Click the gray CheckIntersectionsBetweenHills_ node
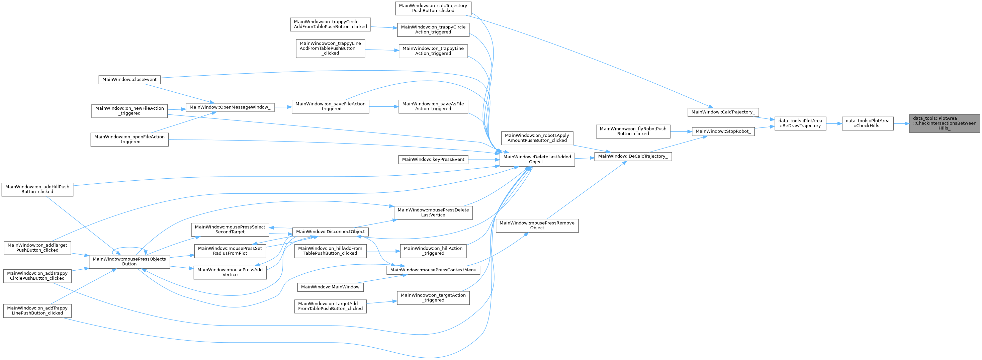coord(944,123)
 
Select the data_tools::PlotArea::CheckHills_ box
coord(867,123)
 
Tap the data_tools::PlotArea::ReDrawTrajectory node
coord(800,123)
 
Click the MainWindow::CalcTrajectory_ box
coord(723,112)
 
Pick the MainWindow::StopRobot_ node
coord(723,131)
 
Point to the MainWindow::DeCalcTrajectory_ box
coord(633,156)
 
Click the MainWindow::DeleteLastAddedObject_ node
coord(537,159)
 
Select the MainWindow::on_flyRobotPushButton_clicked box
coord(633,131)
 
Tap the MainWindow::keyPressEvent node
coord(433,159)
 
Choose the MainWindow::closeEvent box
coord(129,80)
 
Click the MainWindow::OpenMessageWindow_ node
coord(230,107)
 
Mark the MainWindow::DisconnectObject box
coord(330,232)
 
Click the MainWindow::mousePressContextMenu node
coord(433,270)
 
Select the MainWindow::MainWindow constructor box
coord(330,287)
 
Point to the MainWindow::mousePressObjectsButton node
coord(129,262)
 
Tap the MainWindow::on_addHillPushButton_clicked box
coord(37,189)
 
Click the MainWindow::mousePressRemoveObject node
coord(537,226)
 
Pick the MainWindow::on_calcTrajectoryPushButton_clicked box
coord(433,8)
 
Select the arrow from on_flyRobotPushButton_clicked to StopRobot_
coord(681,131)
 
